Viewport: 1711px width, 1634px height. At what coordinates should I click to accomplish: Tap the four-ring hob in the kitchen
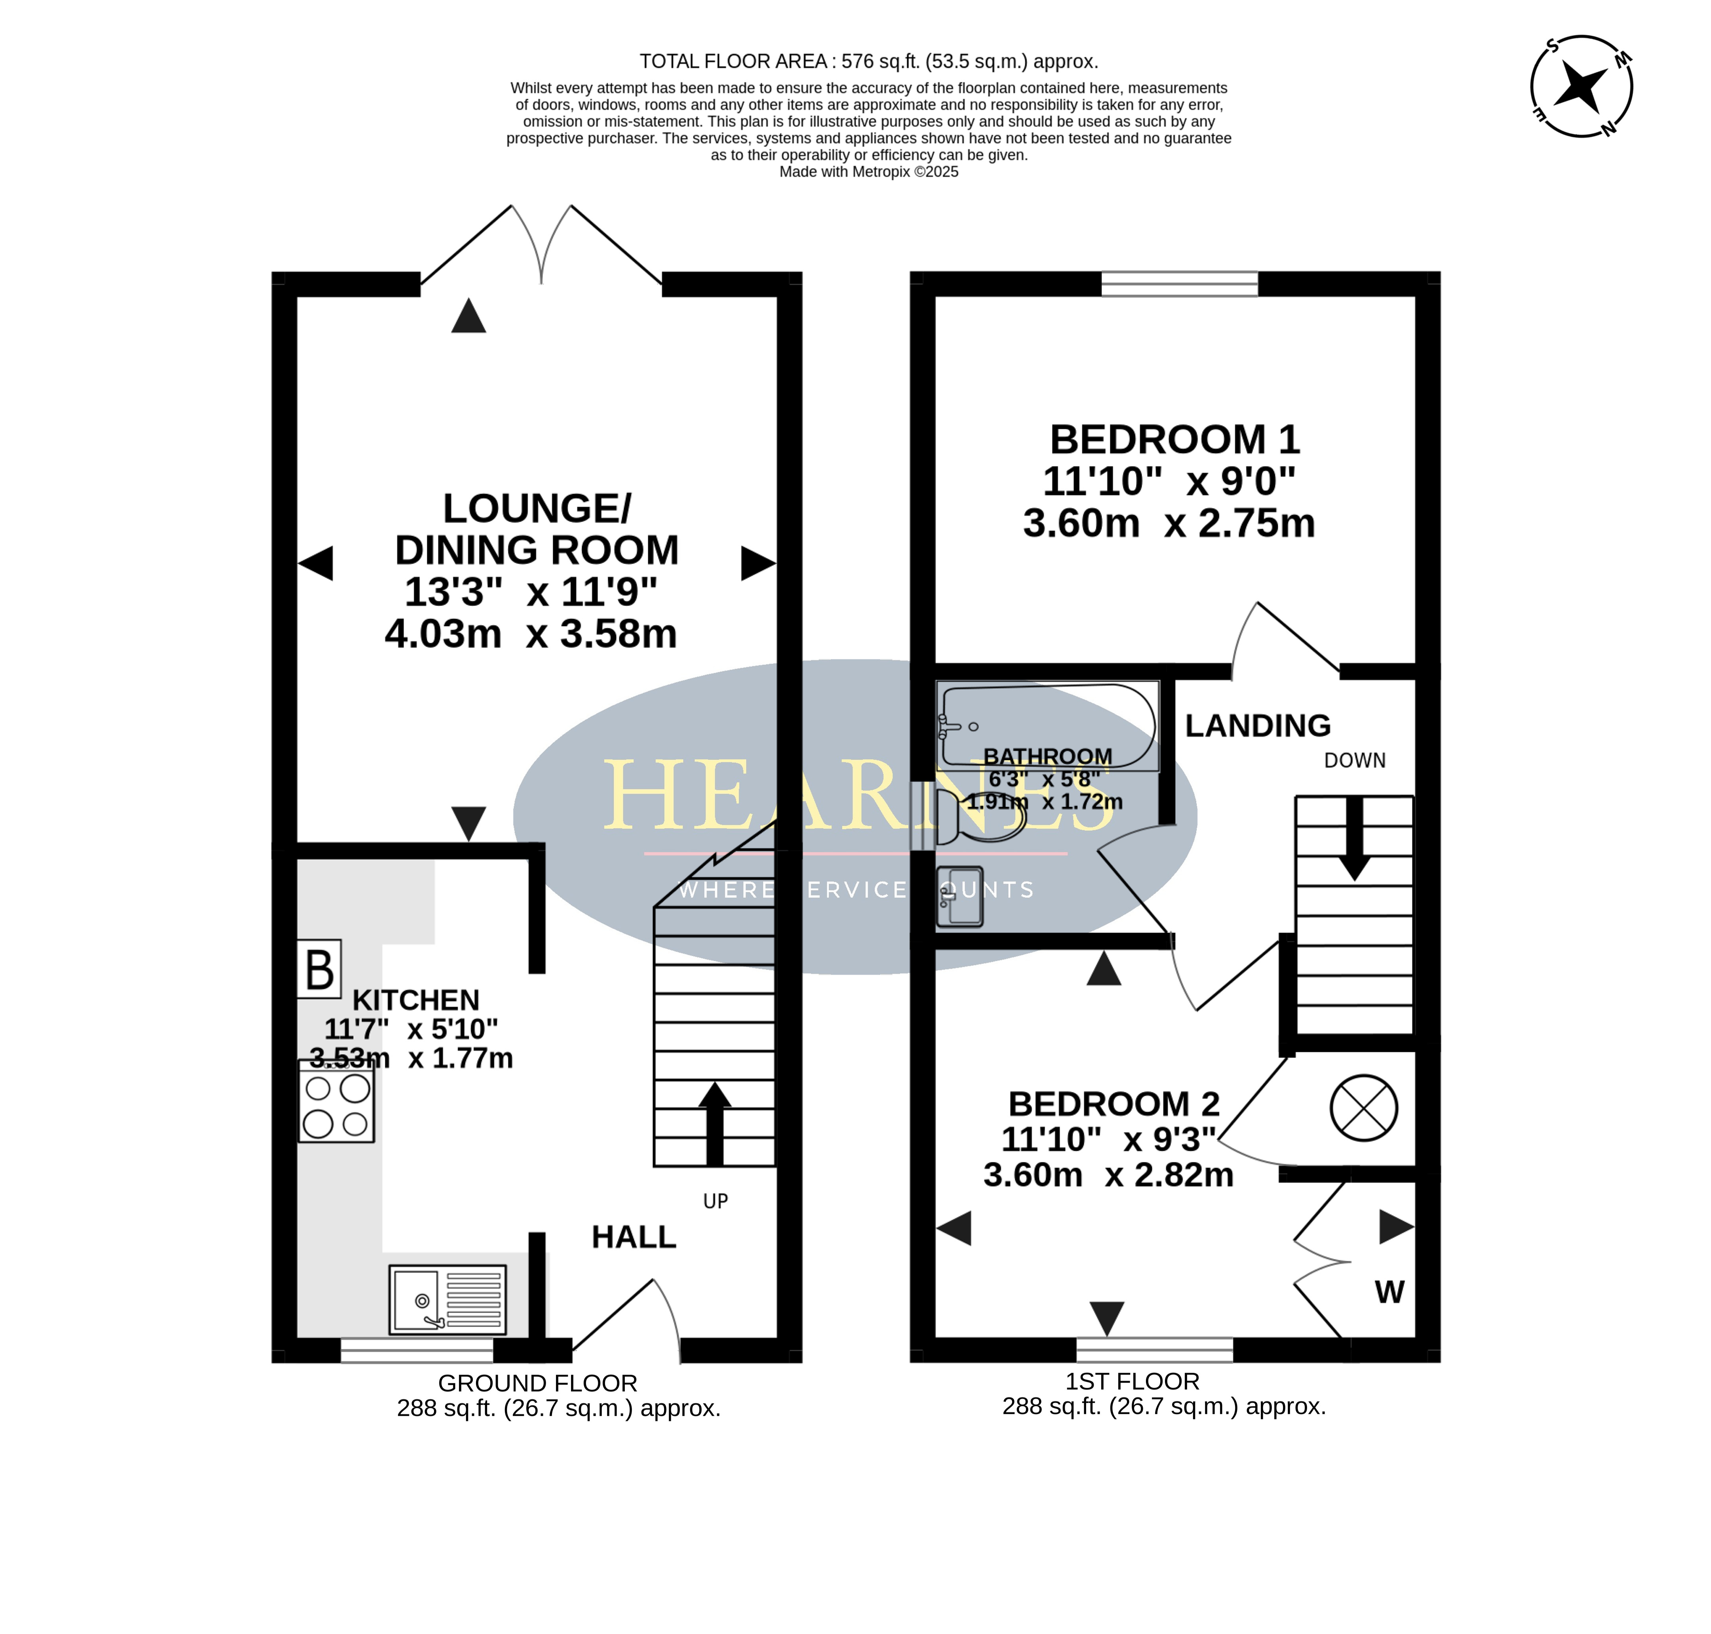[x=336, y=1101]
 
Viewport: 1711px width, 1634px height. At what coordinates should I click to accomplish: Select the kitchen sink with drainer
[x=447, y=1299]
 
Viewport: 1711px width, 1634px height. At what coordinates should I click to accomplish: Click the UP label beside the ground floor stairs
[x=715, y=1201]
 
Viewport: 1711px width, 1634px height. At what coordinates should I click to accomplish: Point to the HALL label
[x=634, y=1237]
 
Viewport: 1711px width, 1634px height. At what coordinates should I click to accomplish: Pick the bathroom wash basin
[x=959, y=896]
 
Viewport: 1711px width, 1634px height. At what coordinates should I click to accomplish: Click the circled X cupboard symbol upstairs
[x=1364, y=1108]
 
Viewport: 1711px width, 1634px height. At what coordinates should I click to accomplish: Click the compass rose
[x=1581, y=86]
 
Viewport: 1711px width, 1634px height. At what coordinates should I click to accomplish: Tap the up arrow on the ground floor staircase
[x=715, y=1124]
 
